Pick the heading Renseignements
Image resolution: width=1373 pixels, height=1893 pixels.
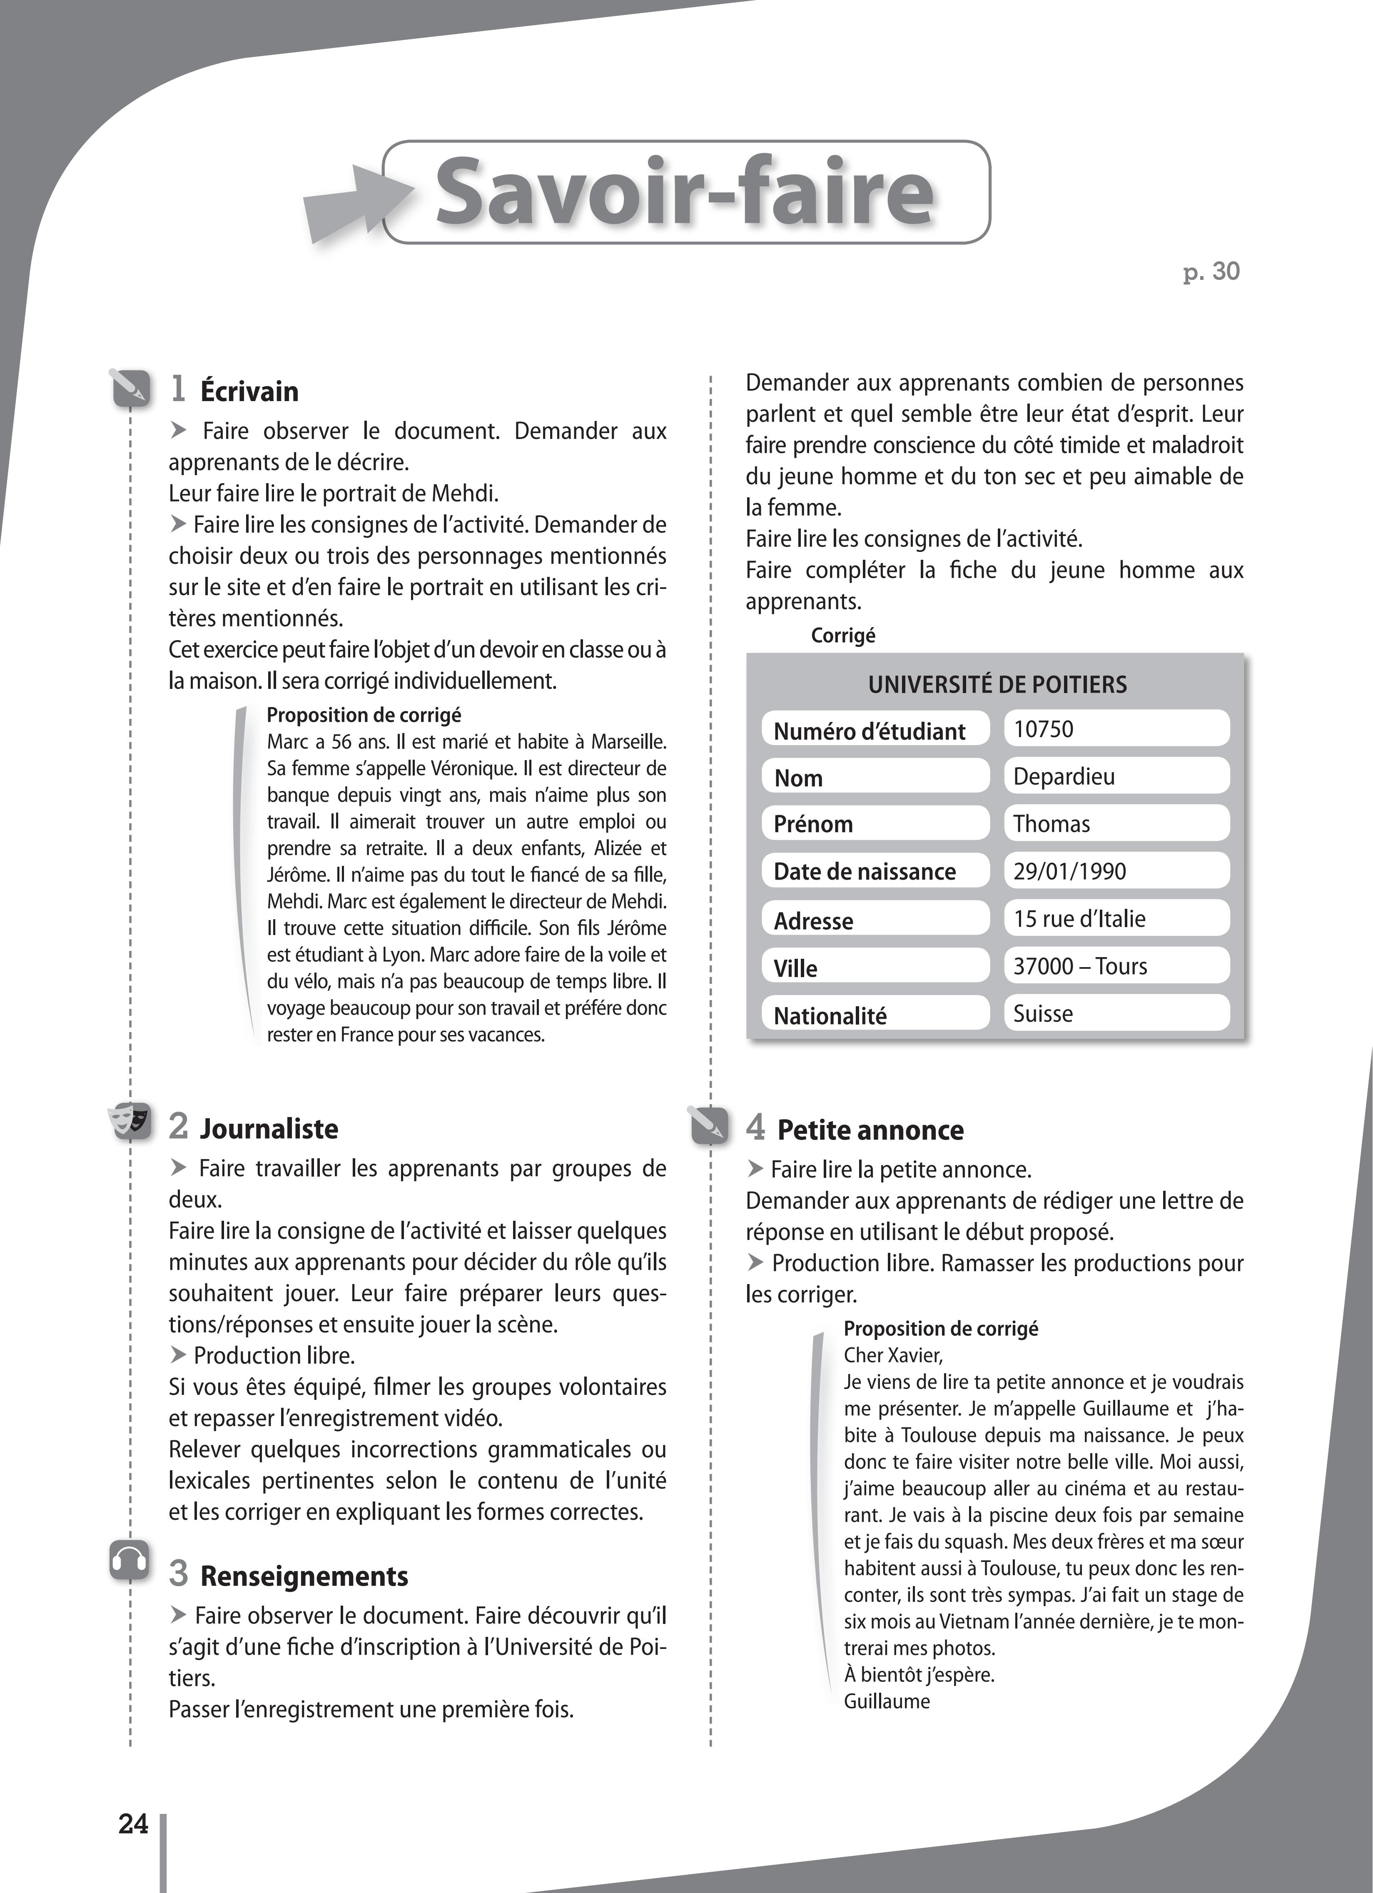pyautogui.click(x=304, y=1576)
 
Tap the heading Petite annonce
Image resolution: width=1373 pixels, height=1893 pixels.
pyautogui.click(x=870, y=1129)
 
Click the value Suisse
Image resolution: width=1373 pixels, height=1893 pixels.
pyautogui.click(x=1042, y=1013)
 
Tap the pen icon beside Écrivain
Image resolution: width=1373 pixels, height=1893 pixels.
pyautogui.click(x=130, y=388)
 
